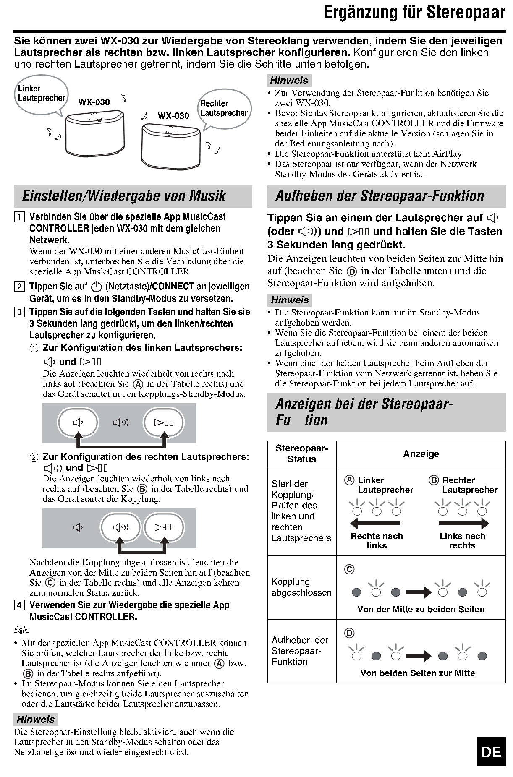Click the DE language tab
491,751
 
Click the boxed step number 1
19,217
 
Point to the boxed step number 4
19,605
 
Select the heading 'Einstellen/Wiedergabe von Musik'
124,196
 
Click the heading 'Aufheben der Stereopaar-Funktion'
380,196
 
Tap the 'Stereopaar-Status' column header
302,454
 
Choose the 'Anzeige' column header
421,454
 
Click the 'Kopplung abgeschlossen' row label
301,587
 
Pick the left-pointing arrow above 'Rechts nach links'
374,523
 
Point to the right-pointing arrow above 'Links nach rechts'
464,523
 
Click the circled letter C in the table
349,569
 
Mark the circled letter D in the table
349,633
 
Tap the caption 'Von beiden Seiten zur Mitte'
418,673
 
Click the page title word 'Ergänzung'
366,13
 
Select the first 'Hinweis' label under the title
289,81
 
